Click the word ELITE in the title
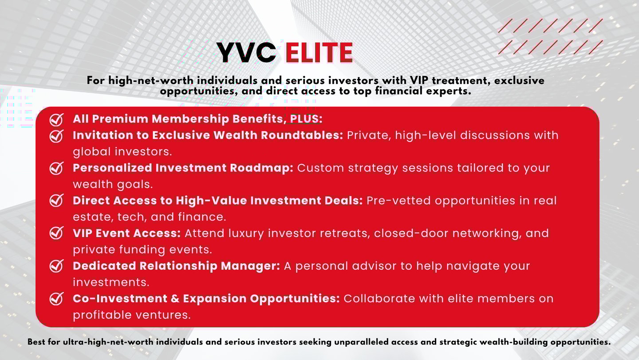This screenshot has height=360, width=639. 319,53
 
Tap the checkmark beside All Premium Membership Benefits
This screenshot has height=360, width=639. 56,119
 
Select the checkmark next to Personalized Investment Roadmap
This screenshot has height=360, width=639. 56,168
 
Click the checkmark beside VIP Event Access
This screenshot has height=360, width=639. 56,233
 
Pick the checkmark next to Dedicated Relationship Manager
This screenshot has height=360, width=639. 56,266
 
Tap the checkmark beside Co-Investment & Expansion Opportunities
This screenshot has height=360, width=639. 56,299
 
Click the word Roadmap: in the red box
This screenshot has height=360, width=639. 262,168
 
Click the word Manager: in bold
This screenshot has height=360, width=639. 250,266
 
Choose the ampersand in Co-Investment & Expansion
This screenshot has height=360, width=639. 175,299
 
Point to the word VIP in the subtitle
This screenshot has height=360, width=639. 419,80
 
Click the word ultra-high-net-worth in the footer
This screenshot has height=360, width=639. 108,342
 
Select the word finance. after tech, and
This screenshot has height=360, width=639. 202,217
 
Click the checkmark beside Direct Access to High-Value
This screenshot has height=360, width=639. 56,201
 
